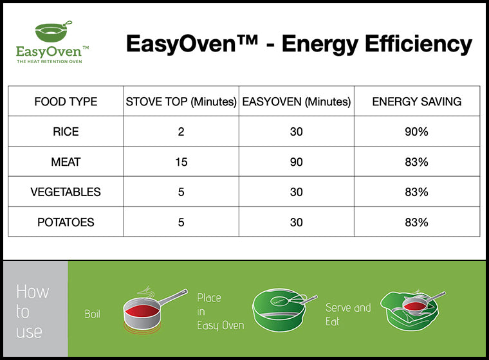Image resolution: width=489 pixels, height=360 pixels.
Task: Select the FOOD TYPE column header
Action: click(66, 102)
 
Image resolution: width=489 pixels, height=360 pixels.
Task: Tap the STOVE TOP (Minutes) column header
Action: click(181, 102)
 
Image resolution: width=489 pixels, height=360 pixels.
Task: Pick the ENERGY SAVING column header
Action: click(417, 102)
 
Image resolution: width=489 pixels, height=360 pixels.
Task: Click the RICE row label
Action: click(66, 132)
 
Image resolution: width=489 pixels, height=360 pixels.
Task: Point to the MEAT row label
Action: click(66, 162)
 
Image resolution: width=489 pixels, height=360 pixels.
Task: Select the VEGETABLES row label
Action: click(66, 192)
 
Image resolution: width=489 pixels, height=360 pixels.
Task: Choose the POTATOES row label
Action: click(66, 222)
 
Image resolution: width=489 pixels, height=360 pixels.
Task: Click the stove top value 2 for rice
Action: click(181, 132)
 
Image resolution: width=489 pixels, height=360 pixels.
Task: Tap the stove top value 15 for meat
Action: click(181, 162)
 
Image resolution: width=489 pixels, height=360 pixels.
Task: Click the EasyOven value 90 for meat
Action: click(296, 162)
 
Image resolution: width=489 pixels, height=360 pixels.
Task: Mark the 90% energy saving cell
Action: click(417, 132)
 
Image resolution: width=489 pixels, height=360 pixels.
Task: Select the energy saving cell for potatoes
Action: click(417, 222)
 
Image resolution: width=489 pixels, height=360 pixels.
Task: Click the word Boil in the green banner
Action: click(93, 314)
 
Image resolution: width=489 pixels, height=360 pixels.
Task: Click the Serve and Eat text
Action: click(347, 314)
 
